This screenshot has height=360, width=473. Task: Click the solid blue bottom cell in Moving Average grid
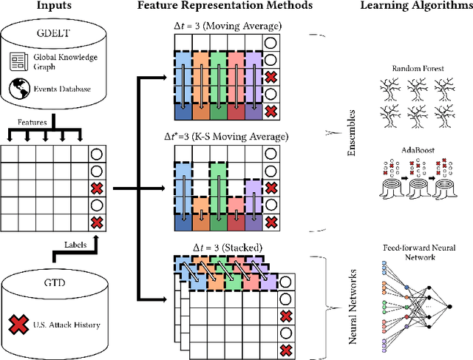(x=183, y=111)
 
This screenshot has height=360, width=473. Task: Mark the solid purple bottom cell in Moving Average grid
(x=253, y=111)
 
